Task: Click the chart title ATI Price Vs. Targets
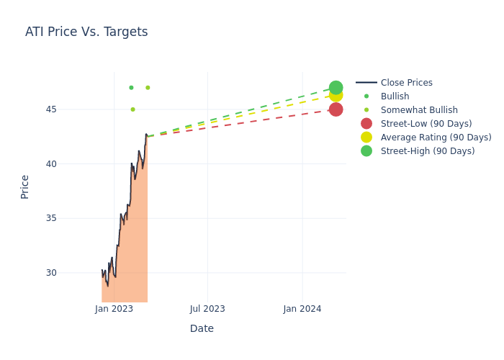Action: (x=86, y=32)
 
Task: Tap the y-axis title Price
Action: (x=25, y=186)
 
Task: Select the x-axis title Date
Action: (x=202, y=328)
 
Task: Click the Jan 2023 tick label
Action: (x=114, y=309)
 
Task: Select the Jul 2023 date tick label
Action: (x=207, y=309)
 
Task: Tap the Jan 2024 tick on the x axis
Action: (x=302, y=309)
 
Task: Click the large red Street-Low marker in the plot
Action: (x=336, y=109)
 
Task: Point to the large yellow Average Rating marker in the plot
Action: (x=336, y=96)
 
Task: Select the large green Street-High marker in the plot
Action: (x=336, y=87)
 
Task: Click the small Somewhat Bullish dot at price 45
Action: (x=132, y=109)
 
